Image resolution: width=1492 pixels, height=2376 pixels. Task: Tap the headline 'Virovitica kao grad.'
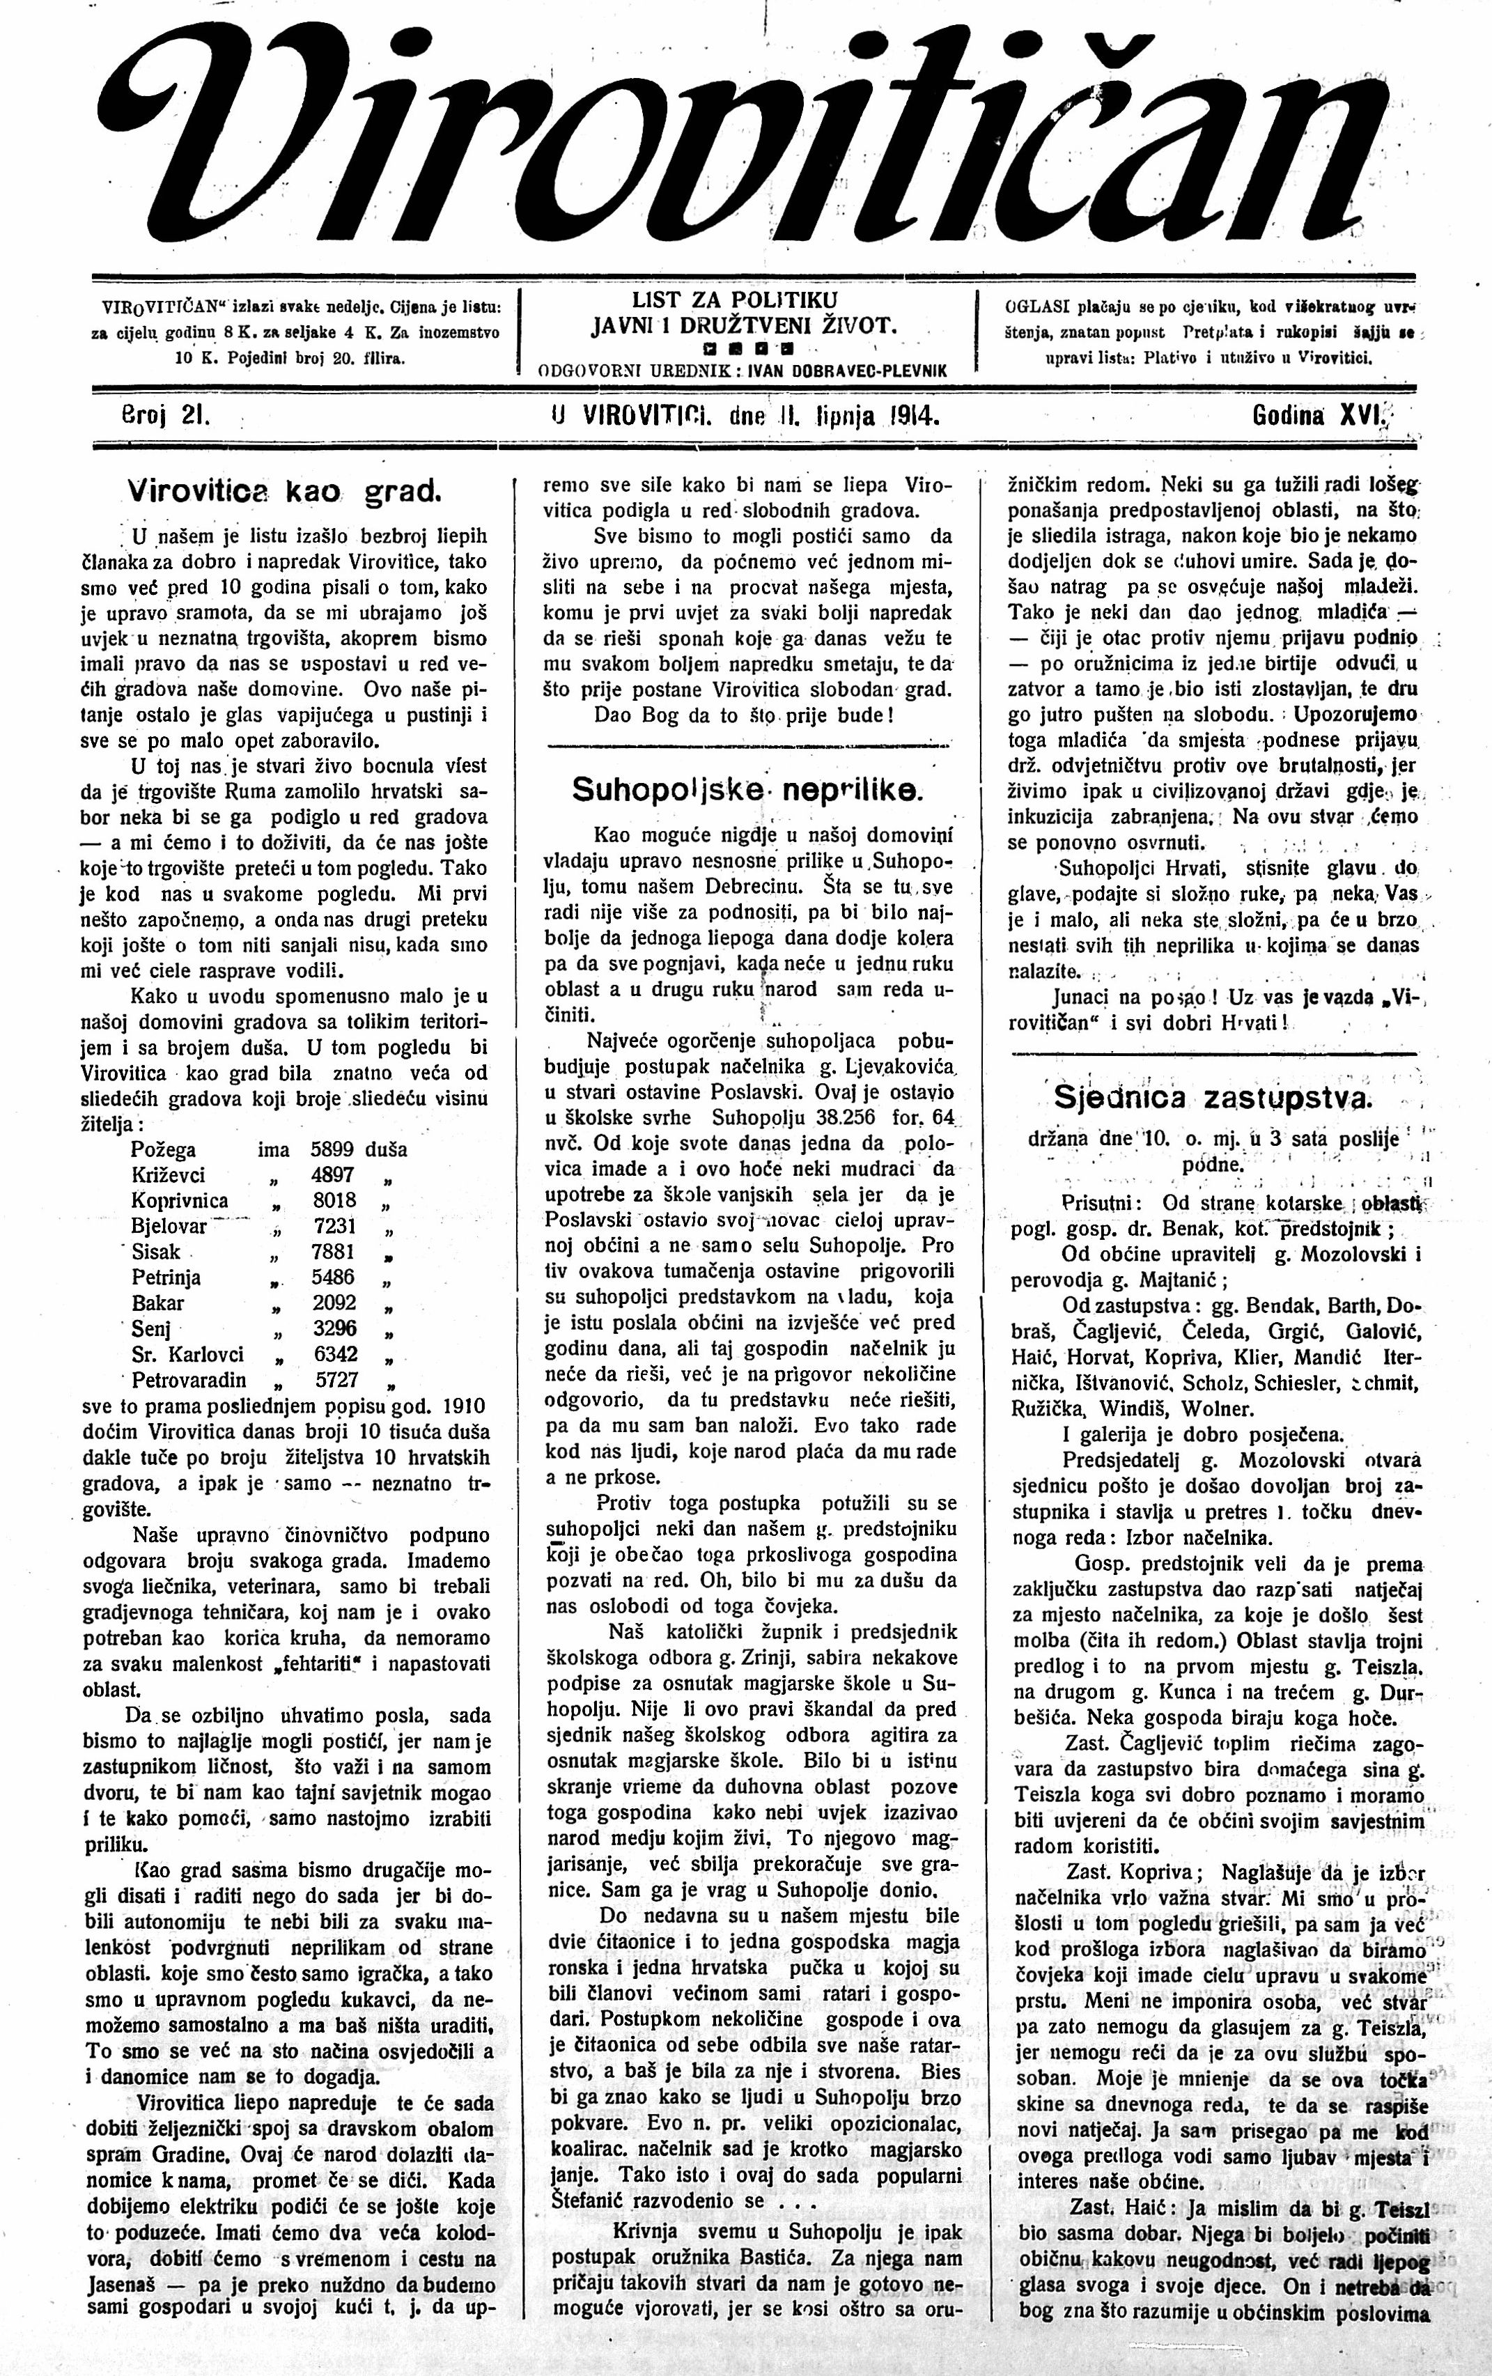284,490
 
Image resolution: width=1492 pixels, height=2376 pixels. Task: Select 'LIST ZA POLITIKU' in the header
734,299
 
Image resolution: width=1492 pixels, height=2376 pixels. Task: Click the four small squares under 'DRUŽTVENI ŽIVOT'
744,348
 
